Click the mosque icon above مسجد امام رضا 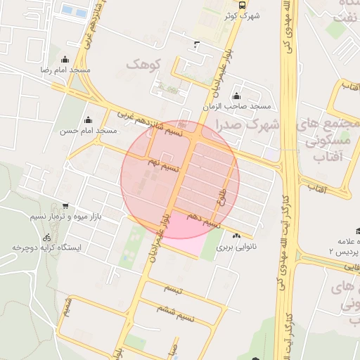click(x=65, y=60)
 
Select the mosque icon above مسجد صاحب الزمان click(x=236, y=96)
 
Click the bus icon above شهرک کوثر click(x=243, y=4)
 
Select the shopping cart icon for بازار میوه click(x=65, y=206)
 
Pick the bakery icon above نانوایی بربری click(x=237, y=237)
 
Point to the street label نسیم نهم click(x=163, y=166)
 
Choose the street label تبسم click(x=173, y=289)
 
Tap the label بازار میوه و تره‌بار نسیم click(x=67, y=217)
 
